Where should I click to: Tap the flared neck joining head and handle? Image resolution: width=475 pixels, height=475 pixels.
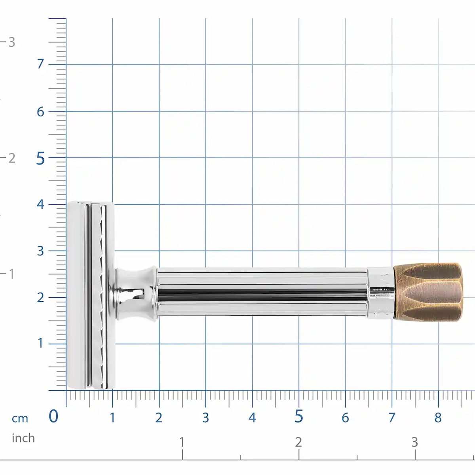pyautogui.click(x=135, y=293)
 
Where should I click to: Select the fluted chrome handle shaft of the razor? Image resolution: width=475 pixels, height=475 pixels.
pyautogui.click(x=261, y=292)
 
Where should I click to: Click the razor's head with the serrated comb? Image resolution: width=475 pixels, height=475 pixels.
pyautogui.click(x=90, y=295)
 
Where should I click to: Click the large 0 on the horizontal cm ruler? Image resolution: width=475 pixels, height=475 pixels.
pyautogui.click(x=53, y=416)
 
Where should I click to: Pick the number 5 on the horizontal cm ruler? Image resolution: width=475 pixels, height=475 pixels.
pyautogui.click(x=299, y=417)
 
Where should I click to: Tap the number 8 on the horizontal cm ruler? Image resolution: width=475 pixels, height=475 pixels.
pyautogui.click(x=438, y=418)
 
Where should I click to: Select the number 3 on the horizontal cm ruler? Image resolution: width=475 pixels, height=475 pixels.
pyautogui.click(x=205, y=418)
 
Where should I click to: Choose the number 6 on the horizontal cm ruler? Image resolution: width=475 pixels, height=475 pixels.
pyautogui.click(x=345, y=418)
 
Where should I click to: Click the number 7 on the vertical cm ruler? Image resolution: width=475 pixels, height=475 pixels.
pyautogui.click(x=40, y=64)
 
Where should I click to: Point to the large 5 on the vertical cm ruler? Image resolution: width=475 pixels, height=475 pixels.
pyautogui.click(x=40, y=159)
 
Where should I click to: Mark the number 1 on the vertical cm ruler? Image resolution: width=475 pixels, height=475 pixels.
pyautogui.click(x=40, y=343)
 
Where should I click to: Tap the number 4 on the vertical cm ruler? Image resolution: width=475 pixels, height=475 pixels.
pyautogui.click(x=40, y=204)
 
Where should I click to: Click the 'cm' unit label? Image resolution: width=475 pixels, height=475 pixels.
pyautogui.click(x=20, y=418)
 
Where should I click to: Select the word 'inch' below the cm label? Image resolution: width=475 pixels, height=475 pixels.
pyautogui.click(x=23, y=438)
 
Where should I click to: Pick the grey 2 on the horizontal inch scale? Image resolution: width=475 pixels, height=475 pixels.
pyautogui.click(x=298, y=442)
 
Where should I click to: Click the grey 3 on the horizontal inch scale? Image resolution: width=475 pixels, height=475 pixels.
pyautogui.click(x=414, y=442)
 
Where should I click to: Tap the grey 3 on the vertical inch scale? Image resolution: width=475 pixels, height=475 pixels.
pyautogui.click(x=11, y=42)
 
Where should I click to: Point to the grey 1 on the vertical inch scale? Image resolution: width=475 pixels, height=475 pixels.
pyautogui.click(x=11, y=274)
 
